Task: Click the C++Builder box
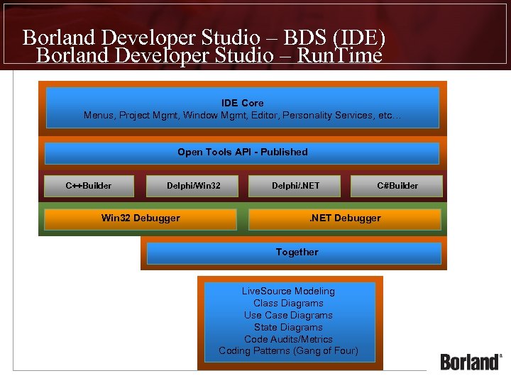pyautogui.click(x=89, y=186)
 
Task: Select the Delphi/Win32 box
pyautogui.click(x=193, y=186)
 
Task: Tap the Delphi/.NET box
pyautogui.click(x=295, y=186)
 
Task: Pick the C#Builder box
pyautogui.click(x=397, y=186)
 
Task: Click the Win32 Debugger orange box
pyautogui.click(x=141, y=218)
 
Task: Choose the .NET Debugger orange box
pyautogui.click(x=345, y=218)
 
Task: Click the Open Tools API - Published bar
pyautogui.click(x=242, y=152)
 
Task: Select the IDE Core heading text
pyautogui.click(x=242, y=104)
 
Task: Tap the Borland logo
pyautogui.click(x=471, y=362)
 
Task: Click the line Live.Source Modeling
pyautogui.click(x=288, y=292)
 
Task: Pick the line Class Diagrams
pyautogui.click(x=288, y=304)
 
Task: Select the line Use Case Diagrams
pyautogui.click(x=288, y=316)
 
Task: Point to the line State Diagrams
pyautogui.click(x=288, y=328)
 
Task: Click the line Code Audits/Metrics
pyautogui.click(x=288, y=340)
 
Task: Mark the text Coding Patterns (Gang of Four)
pyautogui.click(x=288, y=351)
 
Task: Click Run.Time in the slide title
pyautogui.click(x=339, y=55)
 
